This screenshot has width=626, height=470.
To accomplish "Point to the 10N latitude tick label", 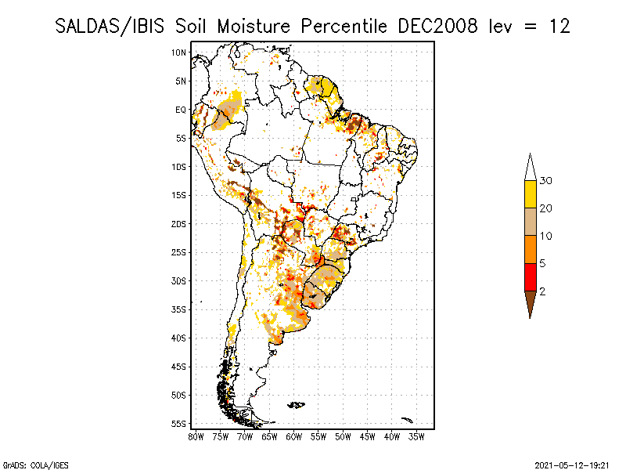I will (x=178, y=52).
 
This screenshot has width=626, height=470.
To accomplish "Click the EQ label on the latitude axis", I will (x=180, y=110).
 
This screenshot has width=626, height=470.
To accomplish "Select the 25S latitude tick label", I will (x=178, y=252).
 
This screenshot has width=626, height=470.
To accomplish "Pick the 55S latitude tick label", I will (x=178, y=424).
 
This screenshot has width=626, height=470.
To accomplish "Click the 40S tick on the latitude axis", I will (x=178, y=338).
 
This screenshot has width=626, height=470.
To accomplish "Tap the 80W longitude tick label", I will (x=196, y=436).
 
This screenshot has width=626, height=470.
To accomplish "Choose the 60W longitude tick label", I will (x=294, y=436).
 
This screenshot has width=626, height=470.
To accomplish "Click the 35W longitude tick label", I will (x=417, y=436).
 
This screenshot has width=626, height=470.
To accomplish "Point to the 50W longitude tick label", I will (x=344, y=436).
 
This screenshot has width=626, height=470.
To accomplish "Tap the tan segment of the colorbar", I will (x=530, y=222).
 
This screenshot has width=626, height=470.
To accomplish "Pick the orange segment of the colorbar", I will (x=530, y=250).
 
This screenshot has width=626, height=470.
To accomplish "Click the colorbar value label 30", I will (x=546, y=181).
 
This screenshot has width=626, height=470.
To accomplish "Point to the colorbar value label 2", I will (x=542, y=291).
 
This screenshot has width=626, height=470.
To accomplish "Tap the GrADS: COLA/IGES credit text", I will (x=28, y=464).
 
